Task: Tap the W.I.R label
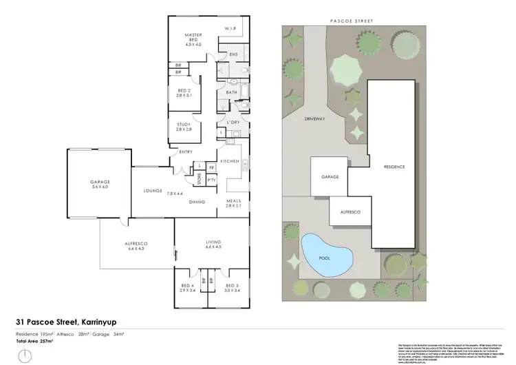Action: [230, 28]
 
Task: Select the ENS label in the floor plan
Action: [233, 53]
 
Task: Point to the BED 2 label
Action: [183, 94]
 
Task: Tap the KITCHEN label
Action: [229, 161]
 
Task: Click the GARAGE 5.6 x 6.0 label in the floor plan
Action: [96, 184]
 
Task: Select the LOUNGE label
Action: [152, 191]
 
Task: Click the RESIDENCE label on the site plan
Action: [394, 167]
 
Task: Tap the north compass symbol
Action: [25, 356]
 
